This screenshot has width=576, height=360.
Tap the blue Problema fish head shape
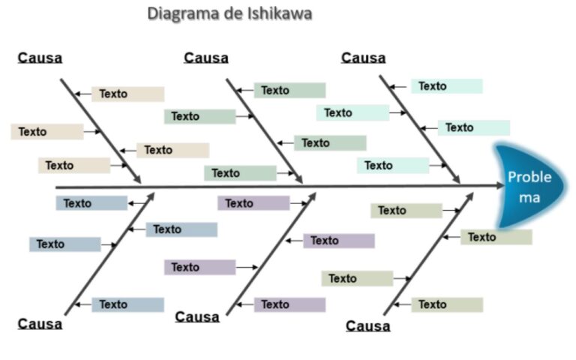[529, 187]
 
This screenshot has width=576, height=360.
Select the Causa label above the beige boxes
[40, 58]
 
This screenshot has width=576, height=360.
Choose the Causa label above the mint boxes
[363, 58]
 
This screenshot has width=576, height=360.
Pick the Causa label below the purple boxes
[197, 316]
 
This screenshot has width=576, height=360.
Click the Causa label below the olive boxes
[367, 325]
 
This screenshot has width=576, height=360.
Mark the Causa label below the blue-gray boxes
[40, 323]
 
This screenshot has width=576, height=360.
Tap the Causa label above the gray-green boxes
[205, 58]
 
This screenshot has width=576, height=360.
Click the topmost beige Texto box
[127, 94]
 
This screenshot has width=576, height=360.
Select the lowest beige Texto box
[73, 165]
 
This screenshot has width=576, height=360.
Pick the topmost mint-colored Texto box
[446, 86]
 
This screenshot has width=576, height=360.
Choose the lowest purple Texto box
[289, 304]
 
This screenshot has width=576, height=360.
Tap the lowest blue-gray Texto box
[127, 304]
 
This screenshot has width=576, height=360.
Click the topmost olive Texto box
[406, 211]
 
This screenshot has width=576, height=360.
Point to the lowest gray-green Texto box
[239, 173]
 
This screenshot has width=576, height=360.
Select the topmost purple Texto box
[253, 203]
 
